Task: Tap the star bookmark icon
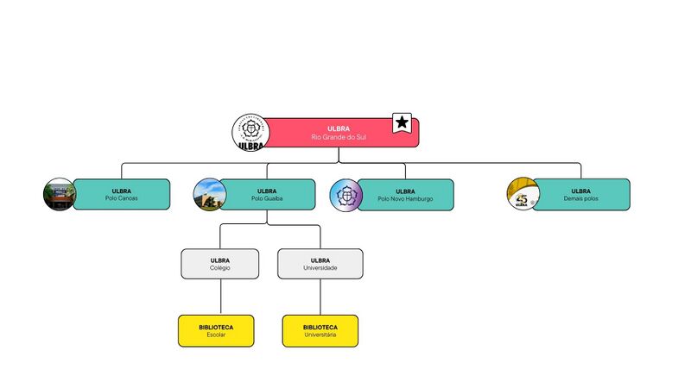(402, 123)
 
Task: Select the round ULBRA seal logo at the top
(250, 134)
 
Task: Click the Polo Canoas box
(122, 194)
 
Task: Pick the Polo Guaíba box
(268, 194)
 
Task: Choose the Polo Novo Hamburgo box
(405, 194)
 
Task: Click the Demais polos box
(580, 194)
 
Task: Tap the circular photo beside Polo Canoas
(60, 194)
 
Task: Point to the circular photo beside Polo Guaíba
(209, 194)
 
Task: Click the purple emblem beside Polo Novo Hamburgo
(345, 195)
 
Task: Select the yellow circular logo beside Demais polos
(522, 194)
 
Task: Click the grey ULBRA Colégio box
(219, 264)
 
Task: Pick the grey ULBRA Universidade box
(320, 264)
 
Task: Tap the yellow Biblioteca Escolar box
(216, 330)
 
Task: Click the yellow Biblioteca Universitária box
(320, 330)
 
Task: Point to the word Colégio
(219, 268)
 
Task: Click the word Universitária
(320, 335)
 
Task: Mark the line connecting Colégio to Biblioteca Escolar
(220, 297)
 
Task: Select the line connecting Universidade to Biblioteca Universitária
(320, 297)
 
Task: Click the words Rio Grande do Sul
(339, 137)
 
